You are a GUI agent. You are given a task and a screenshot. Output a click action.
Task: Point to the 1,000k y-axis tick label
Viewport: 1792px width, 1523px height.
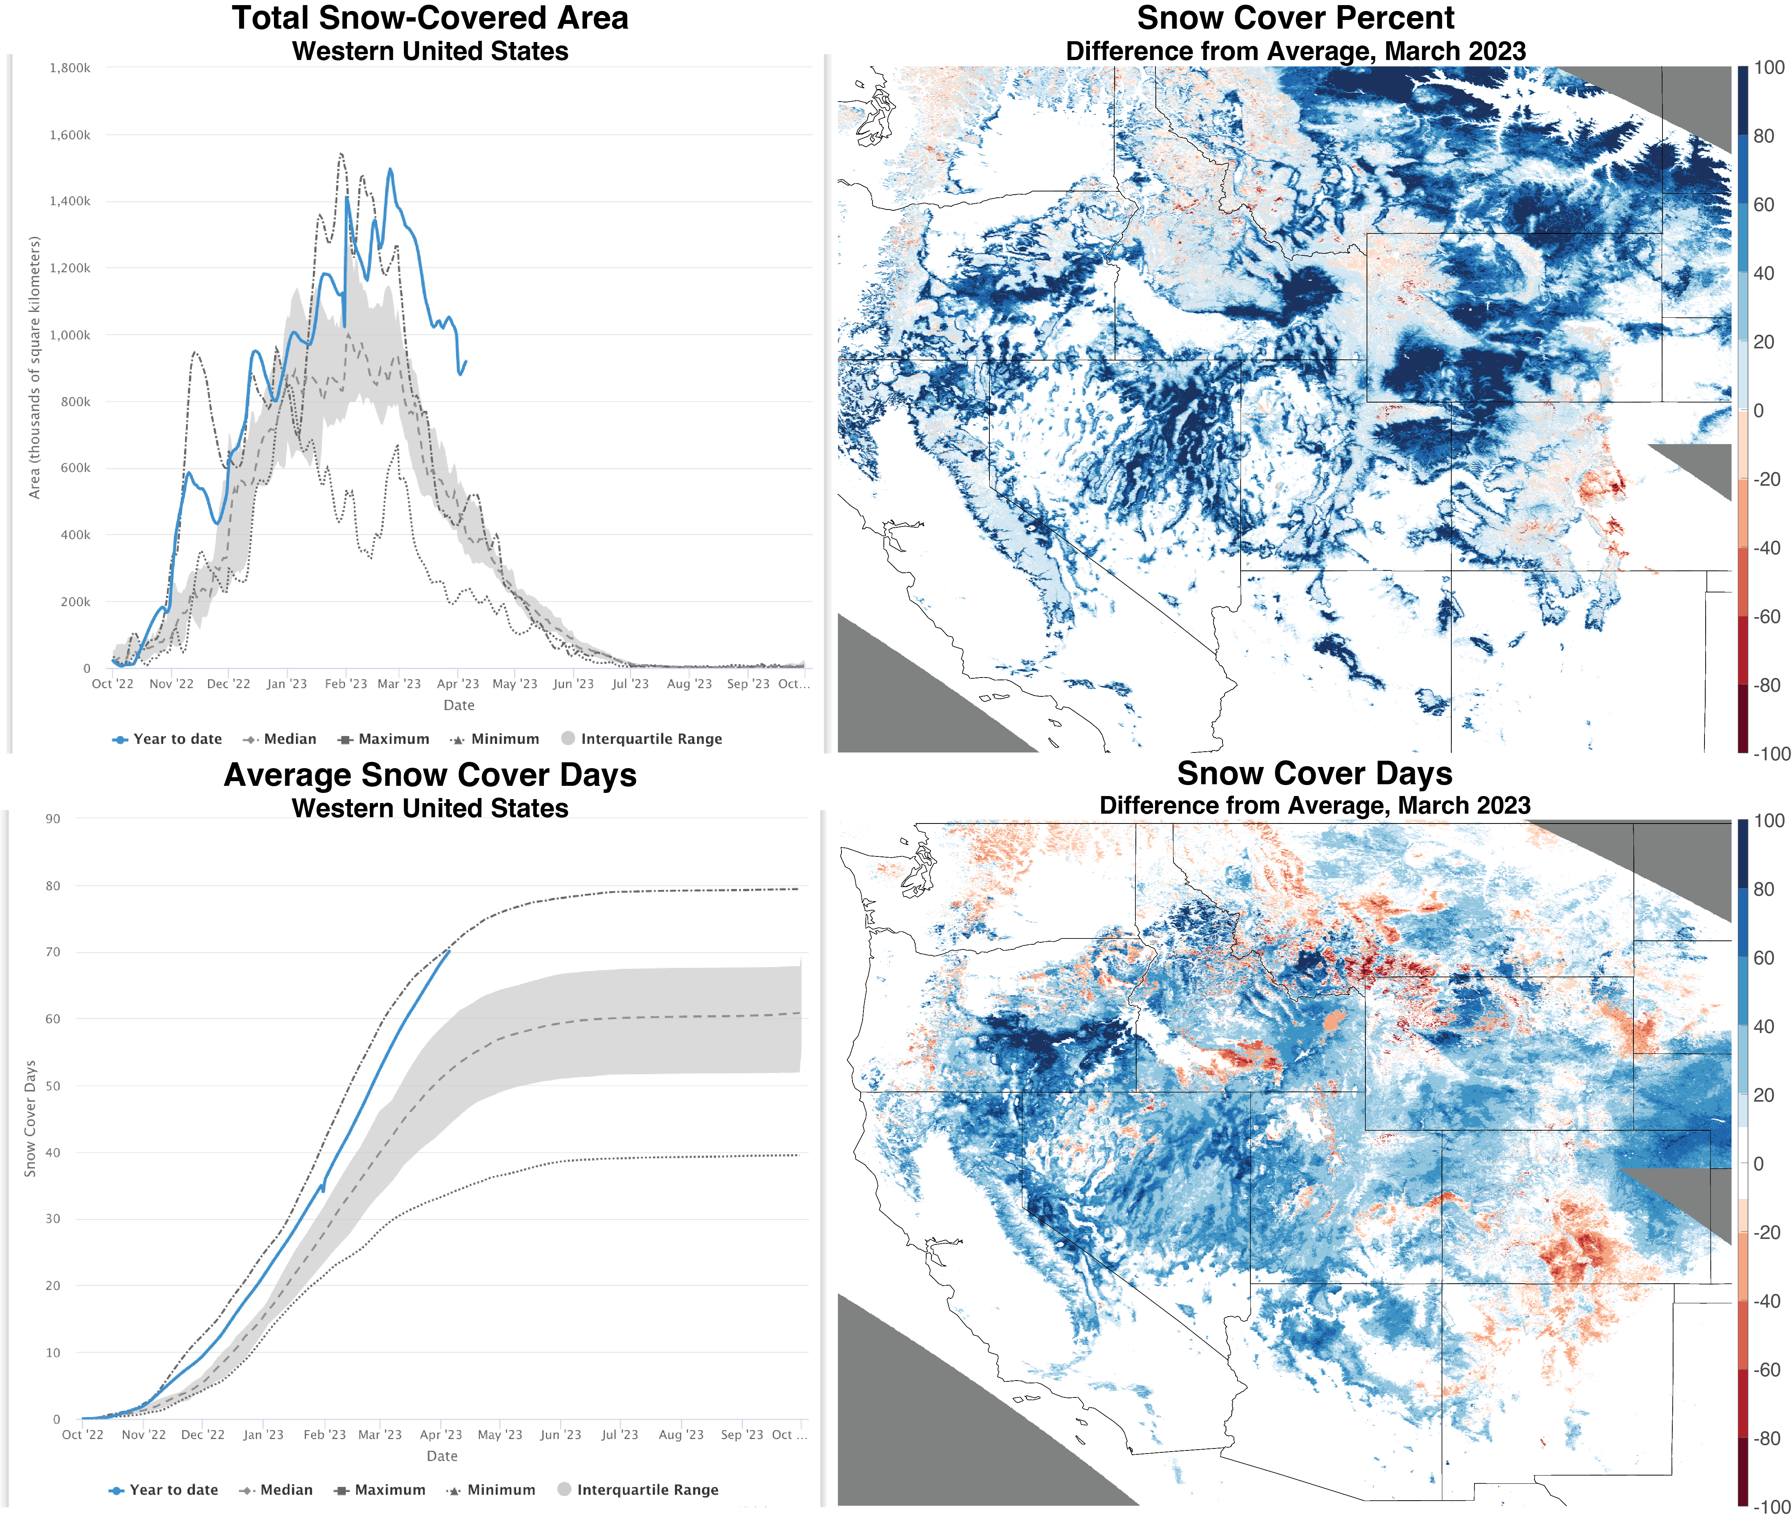point(69,335)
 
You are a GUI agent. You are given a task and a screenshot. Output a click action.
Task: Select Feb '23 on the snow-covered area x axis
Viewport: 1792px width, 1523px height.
point(345,684)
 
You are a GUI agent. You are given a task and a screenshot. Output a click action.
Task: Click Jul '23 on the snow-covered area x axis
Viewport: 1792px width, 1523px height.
point(630,684)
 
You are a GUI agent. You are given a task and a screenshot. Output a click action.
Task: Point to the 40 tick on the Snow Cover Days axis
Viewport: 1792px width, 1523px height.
point(53,1153)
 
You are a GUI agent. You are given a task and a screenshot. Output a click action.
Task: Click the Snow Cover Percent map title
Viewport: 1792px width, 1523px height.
point(1296,18)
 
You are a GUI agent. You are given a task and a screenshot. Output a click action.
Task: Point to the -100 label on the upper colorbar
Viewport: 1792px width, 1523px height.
point(1770,754)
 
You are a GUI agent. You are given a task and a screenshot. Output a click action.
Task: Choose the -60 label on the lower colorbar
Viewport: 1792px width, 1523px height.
point(1766,1370)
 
